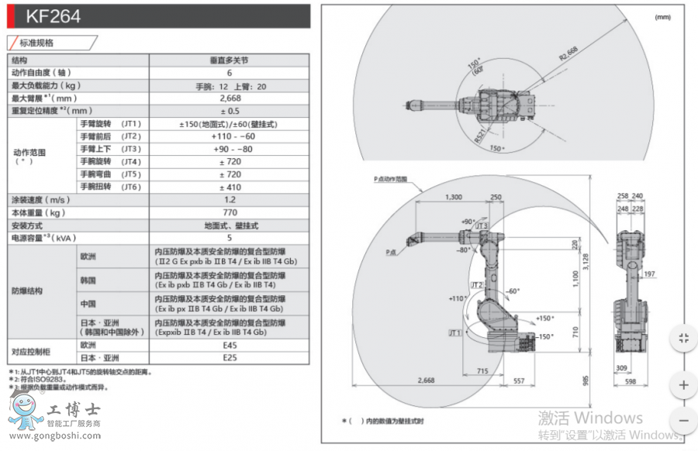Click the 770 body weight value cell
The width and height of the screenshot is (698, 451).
[x=229, y=212]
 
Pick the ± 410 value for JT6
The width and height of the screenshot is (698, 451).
[x=229, y=187]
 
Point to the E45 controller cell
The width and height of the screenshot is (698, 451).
[x=229, y=345]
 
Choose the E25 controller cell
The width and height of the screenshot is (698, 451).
[x=229, y=357]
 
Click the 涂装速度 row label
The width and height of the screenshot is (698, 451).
[x=38, y=200]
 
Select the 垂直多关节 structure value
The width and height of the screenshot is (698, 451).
[x=229, y=60]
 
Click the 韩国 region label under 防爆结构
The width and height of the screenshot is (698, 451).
[x=88, y=280]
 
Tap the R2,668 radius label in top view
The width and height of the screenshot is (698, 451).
[x=568, y=55]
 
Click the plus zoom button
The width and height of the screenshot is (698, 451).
[x=683, y=385]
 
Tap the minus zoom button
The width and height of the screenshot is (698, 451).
[x=683, y=421]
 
